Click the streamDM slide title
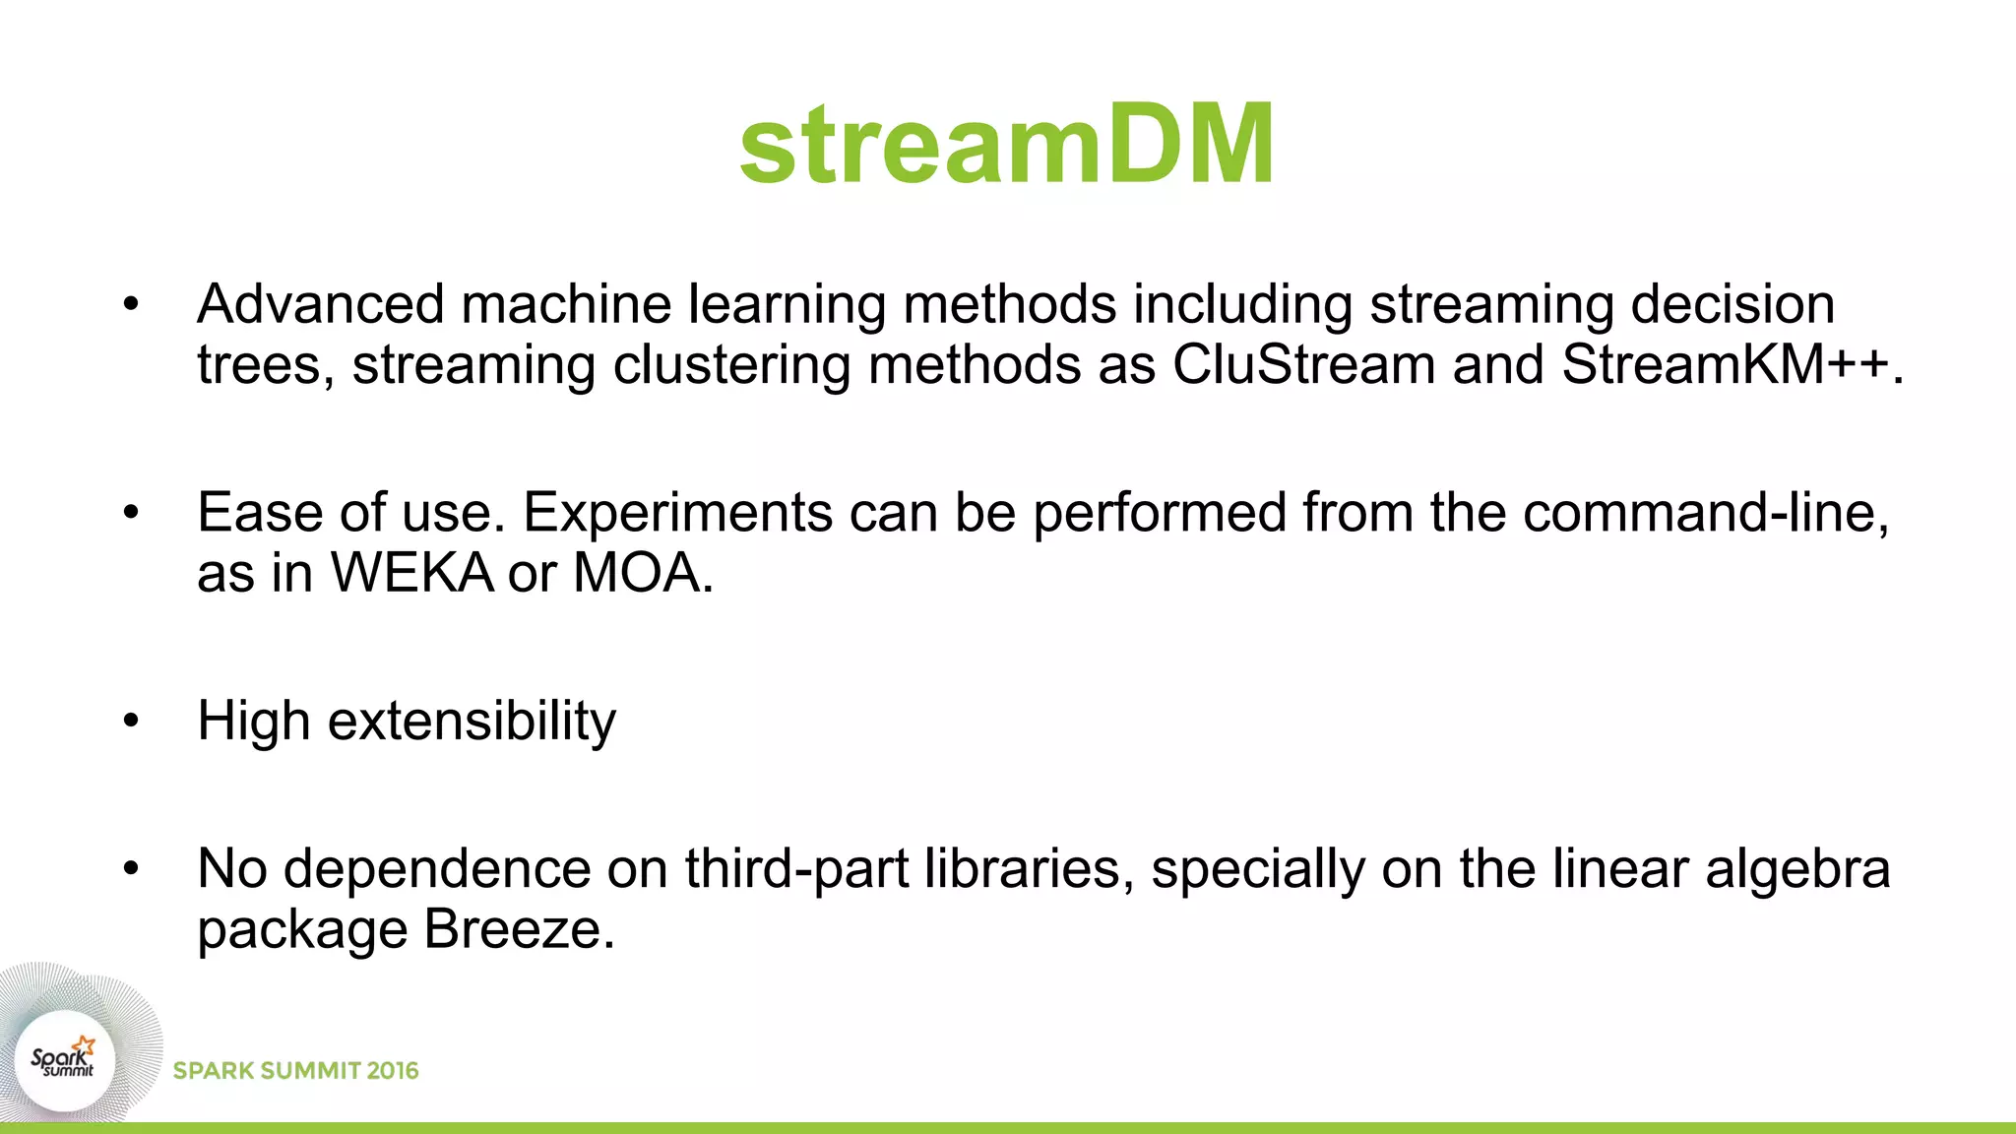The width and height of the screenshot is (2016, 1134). pos(1007,145)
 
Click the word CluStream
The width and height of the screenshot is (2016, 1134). pos(1303,365)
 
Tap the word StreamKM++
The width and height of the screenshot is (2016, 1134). pos(1725,365)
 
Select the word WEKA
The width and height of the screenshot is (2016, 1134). pos(411,573)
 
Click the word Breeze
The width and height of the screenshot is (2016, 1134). pos(512,929)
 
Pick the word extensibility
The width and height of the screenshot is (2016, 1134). pos(472,722)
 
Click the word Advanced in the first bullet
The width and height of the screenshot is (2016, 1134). pos(321,304)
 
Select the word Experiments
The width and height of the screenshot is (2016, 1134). pos(677,514)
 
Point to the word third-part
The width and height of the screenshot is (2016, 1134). pos(796,869)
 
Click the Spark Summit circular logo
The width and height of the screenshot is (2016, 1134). pos(65,1060)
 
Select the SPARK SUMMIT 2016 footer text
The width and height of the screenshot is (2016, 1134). pos(295,1071)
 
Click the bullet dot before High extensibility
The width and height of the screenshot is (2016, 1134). pos(132,722)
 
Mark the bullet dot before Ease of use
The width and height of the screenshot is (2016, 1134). pos(132,513)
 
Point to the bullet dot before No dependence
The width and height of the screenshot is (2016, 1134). pos(132,869)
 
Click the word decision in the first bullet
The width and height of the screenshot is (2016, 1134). pos(1732,304)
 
